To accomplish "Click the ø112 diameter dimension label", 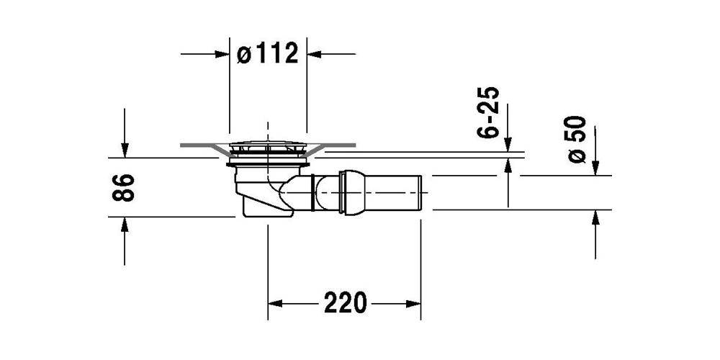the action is [268, 54].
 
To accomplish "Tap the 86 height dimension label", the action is [124, 187].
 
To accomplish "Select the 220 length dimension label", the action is [346, 303].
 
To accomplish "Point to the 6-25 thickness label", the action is [488, 112].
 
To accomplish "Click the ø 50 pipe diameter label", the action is [577, 139].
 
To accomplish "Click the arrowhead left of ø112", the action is [222, 54].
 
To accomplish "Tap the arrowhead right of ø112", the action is [314, 54].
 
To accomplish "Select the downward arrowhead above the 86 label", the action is [125, 150].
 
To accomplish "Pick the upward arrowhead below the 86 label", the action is [125, 224].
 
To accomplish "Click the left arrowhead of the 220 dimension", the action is [275, 304].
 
